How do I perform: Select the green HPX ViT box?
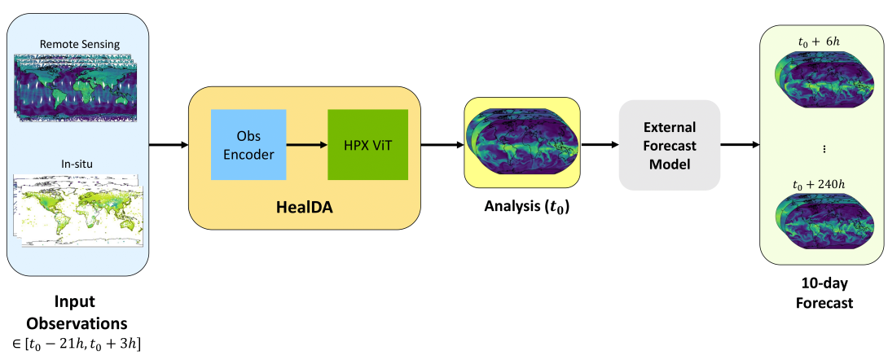click(367, 144)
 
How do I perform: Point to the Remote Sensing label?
click(80, 43)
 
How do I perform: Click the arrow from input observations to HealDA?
click(168, 145)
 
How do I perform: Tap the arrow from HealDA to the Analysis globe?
click(442, 145)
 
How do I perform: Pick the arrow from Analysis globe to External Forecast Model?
click(599, 145)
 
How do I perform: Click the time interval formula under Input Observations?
click(79, 343)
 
